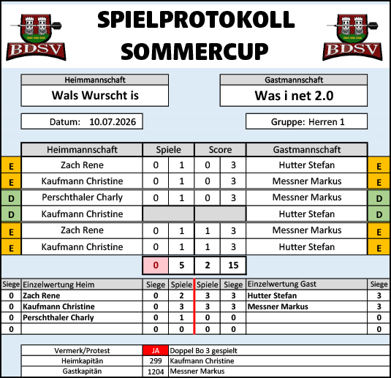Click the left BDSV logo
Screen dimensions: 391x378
[x=36, y=37]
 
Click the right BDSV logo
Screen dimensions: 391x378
[x=352, y=37]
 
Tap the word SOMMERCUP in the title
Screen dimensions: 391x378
[x=194, y=51]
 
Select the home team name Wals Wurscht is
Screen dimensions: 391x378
[x=95, y=95]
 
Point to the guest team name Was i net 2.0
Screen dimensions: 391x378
[x=294, y=96]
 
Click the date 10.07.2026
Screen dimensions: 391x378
[x=113, y=122]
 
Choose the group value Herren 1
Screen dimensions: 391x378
[x=327, y=122]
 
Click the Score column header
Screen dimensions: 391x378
[x=220, y=150]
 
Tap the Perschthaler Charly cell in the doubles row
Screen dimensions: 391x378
[x=82, y=197]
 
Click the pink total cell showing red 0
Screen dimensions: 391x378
[x=156, y=265]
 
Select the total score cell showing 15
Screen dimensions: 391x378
[x=233, y=265]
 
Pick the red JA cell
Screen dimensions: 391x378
[x=156, y=350]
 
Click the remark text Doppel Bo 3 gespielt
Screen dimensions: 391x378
[x=203, y=350]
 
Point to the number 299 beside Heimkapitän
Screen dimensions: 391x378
[x=156, y=360]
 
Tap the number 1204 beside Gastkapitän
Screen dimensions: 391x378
[x=156, y=371]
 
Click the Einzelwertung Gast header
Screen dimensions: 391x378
[x=282, y=284]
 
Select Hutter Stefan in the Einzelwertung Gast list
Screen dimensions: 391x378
[x=272, y=295]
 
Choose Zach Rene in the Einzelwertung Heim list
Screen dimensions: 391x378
[x=42, y=295]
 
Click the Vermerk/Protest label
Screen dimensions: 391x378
[x=82, y=350]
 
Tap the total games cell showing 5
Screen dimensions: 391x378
[x=181, y=265]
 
